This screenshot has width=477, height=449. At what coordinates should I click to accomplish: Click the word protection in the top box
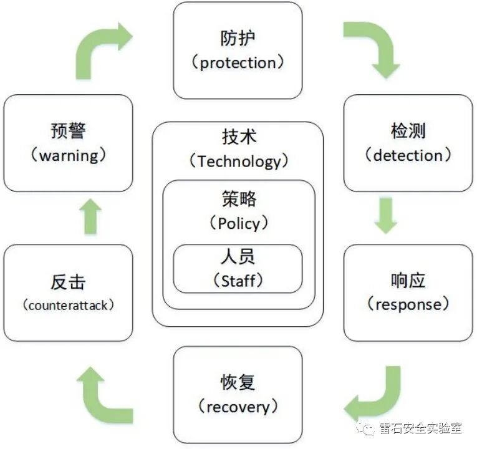(238, 63)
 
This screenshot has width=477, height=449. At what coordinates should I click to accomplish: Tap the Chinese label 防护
(238, 38)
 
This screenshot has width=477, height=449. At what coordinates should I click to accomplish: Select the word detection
(408, 155)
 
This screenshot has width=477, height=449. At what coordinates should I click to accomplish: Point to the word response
(408, 304)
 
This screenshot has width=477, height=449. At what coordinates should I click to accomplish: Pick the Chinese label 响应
(408, 280)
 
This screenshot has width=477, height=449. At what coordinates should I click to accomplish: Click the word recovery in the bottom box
(238, 407)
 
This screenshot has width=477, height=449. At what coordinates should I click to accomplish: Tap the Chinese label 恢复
(238, 382)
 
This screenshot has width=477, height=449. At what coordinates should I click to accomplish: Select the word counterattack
(68, 306)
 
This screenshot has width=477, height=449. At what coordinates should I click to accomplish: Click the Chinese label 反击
(68, 281)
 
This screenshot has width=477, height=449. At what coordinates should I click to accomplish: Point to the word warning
(68, 155)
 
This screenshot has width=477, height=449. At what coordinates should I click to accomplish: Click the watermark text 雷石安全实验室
(420, 428)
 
